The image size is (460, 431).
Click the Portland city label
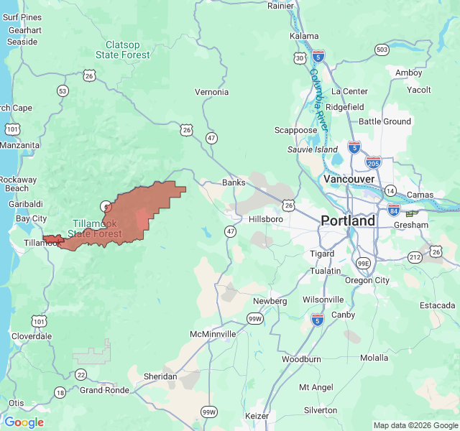[348, 221]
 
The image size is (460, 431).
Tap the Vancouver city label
[349, 179]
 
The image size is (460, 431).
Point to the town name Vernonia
[211, 92]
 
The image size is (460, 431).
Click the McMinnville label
[213, 335]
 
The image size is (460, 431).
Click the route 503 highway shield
[382, 49]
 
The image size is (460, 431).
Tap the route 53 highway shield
[63, 91]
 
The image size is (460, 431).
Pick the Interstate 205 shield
[373, 162]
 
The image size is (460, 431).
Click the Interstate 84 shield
[394, 210]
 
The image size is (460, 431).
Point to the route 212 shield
[415, 257]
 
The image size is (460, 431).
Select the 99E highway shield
[364, 264]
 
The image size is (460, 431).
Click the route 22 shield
[80, 374]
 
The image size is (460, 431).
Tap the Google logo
[24, 422]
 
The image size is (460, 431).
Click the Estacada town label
[438, 305]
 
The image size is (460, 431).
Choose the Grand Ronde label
[104, 390]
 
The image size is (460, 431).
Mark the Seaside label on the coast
[22, 42]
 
